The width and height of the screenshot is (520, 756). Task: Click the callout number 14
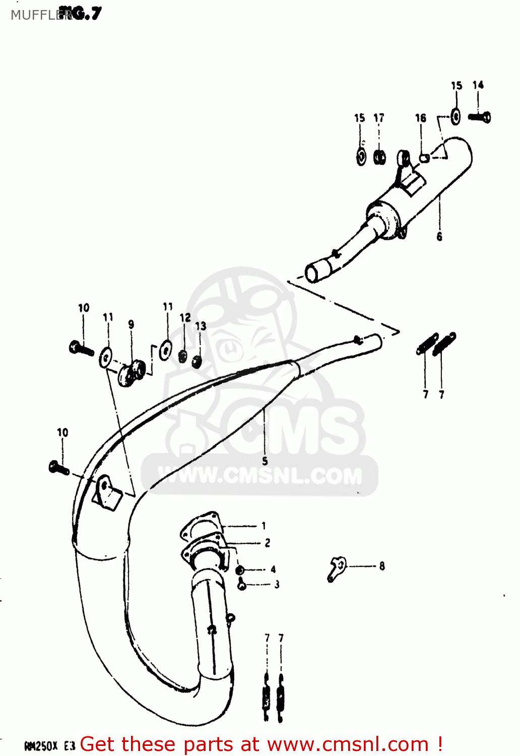click(x=478, y=85)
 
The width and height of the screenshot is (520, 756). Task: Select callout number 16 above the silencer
click(x=420, y=118)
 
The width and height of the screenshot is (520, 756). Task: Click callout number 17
click(x=379, y=118)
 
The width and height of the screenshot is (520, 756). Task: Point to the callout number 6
click(x=439, y=236)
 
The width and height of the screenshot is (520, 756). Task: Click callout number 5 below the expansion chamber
click(x=265, y=461)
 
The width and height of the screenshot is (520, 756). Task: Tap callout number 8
click(x=382, y=566)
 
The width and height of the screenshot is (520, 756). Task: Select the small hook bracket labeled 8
click(x=336, y=568)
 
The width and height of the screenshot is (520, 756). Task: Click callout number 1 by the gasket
click(x=264, y=526)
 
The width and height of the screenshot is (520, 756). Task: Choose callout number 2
click(x=268, y=543)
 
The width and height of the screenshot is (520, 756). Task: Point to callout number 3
click(x=277, y=585)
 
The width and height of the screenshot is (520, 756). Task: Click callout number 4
click(x=273, y=570)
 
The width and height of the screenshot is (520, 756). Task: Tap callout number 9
click(x=131, y=325)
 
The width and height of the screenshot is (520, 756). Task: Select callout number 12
click(x=185, y=318)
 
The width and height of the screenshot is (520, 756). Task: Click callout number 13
click(x=201, y=326)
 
